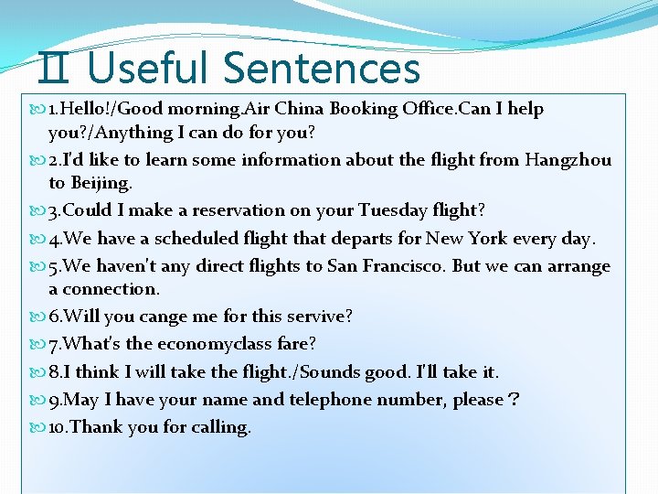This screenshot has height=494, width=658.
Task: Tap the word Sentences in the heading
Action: (x=321, y=68)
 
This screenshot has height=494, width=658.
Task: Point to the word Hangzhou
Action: (x=568, y=160)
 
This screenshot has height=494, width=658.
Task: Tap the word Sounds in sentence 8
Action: (x=345, y=372)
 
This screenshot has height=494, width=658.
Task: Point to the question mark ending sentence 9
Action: (x=515, y=401)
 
